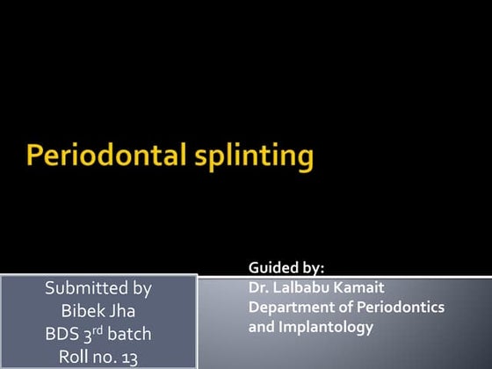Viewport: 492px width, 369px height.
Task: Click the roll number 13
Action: point(128,357)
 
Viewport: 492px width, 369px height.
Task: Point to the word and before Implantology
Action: point(261,327)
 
